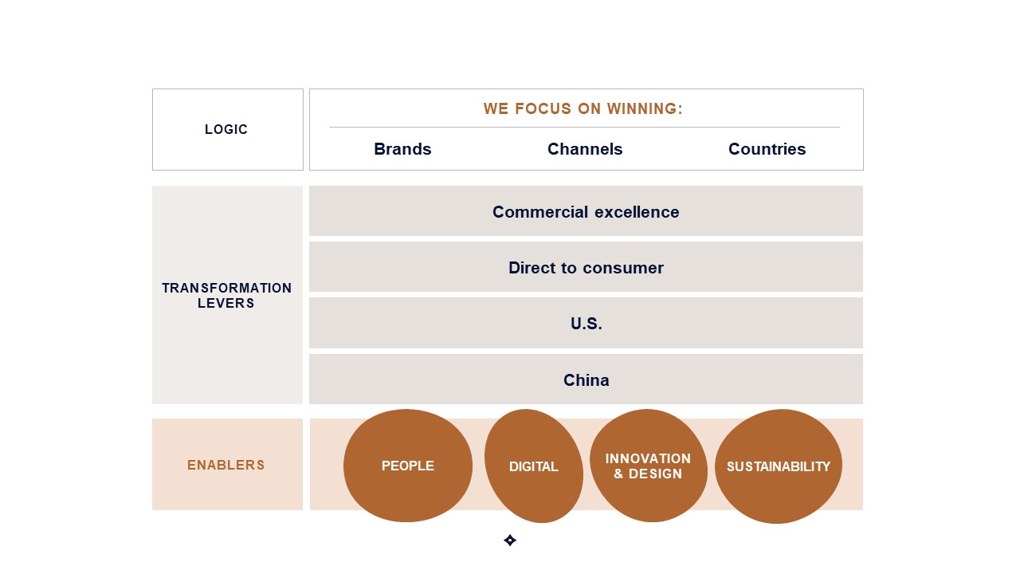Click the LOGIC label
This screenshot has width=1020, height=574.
226,129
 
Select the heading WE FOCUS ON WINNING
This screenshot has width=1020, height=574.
583,109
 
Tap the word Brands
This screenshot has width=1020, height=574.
402,149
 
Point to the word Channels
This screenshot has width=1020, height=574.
585,149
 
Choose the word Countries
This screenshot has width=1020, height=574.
767,149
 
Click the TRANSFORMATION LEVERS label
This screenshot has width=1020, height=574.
226,295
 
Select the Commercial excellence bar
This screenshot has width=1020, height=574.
586,211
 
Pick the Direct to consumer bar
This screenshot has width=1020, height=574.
586,267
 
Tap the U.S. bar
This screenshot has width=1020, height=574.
586,323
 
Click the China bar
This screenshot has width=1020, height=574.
586,379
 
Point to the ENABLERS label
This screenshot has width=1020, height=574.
226,465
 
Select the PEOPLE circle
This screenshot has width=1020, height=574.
407,466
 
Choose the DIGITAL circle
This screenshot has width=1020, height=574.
534,466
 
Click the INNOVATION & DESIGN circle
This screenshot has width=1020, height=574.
649,466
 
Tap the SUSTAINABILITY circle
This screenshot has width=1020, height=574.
779,466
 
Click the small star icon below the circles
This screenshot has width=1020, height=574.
510,541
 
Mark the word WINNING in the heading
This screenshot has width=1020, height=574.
645,109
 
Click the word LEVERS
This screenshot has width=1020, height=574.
226,303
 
